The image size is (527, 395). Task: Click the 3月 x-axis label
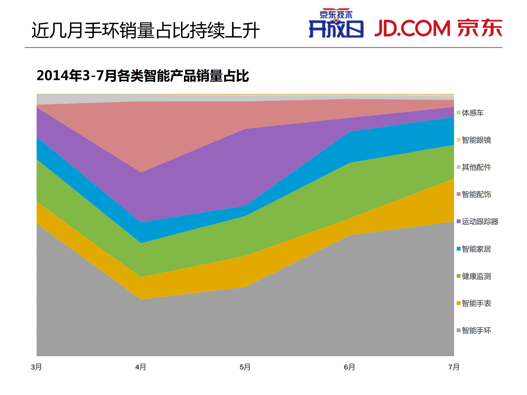click(36, 367)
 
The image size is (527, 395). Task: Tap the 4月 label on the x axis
click(141, 367)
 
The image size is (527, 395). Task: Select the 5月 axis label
click(245, 367)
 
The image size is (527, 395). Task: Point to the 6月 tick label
click(349, 367)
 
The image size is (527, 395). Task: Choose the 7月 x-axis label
click(454, 367)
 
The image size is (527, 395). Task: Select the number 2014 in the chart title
click(52, 75)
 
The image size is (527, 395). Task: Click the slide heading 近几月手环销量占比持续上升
click(146, 30)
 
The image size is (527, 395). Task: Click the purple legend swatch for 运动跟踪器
click(458, 221)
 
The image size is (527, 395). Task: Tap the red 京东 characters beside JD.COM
click(480, 28)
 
